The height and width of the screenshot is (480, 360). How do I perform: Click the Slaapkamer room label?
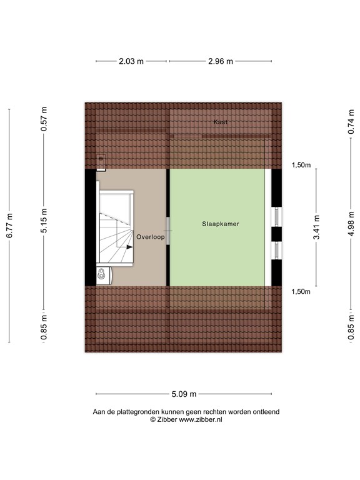pyautogui.click(x=221, y=224)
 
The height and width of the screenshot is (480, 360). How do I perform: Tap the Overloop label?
pyautogui.click(x=150, y=237)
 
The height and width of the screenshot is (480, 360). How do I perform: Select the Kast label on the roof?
pyautogui.click(x=221, y=122)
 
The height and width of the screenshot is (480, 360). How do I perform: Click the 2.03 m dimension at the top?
pyautogui.click(x=131, y=61)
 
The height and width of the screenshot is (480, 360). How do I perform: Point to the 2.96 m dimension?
pyautogui.click(x=221, y=61)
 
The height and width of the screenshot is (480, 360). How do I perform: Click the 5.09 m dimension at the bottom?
pyautogui.click(x=184, y=394)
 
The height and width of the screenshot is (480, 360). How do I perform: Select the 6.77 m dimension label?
pyautogui.click(x=9, y=226)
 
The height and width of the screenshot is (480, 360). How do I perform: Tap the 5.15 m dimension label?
pyautogui.click(x=44, y=221)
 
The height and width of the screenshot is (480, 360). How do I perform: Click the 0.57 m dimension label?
pyautogui.click(x=44, y=119)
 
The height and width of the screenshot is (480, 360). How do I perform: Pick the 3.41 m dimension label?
pyautogui.click(x=316, y=227)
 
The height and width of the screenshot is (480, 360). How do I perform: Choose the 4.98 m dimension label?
pyautogui.click(x=351, y=224)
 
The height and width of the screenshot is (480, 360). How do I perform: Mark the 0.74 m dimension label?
pyautogui.click(x=351, y=121)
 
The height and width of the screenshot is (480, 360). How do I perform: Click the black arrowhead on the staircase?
pyautogui.click(x=130, y=247)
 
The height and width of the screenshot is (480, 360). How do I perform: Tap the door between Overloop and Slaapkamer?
pyautogui.click(x=168, y=231)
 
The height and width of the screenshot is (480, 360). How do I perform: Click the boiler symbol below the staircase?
pyautogui.click(x=104, y=276)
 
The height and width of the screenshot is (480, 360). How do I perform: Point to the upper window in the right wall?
pyautogui.click(x=276, y=216)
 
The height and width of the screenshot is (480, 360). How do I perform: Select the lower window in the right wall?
pyautogui.click(x=276, y=251)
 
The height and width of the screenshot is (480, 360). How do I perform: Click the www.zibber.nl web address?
pyautogui.click(x=201, y=420)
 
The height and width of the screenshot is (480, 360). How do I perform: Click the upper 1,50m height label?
pyautogui.click(x=301, y=165)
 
